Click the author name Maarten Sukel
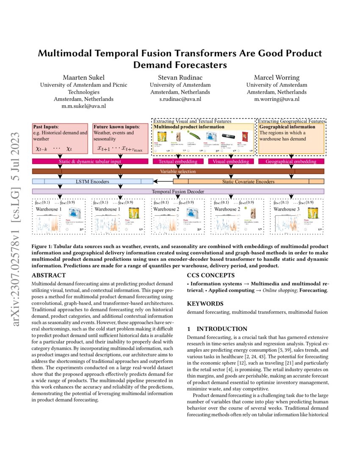pos(83,78)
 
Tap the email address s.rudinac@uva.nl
pos(180,99)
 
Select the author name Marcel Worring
pos(277,78)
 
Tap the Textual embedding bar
pos(177,161)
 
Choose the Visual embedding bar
pos(231,161)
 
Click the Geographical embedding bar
pos(291,161)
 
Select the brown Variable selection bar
pos(178,172)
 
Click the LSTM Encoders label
pos(93,182)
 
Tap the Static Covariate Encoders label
pos(248,182)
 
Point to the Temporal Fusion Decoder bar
pos(178,191)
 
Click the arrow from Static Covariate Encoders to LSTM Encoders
pos(163,182)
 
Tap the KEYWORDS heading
pos(206,304)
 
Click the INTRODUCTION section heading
pos(217,329)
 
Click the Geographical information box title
pos(281,127)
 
